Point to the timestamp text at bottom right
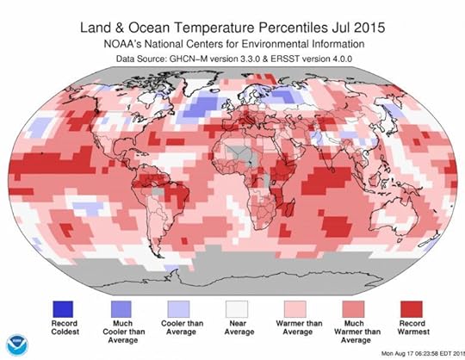click(x=404, y=351)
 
